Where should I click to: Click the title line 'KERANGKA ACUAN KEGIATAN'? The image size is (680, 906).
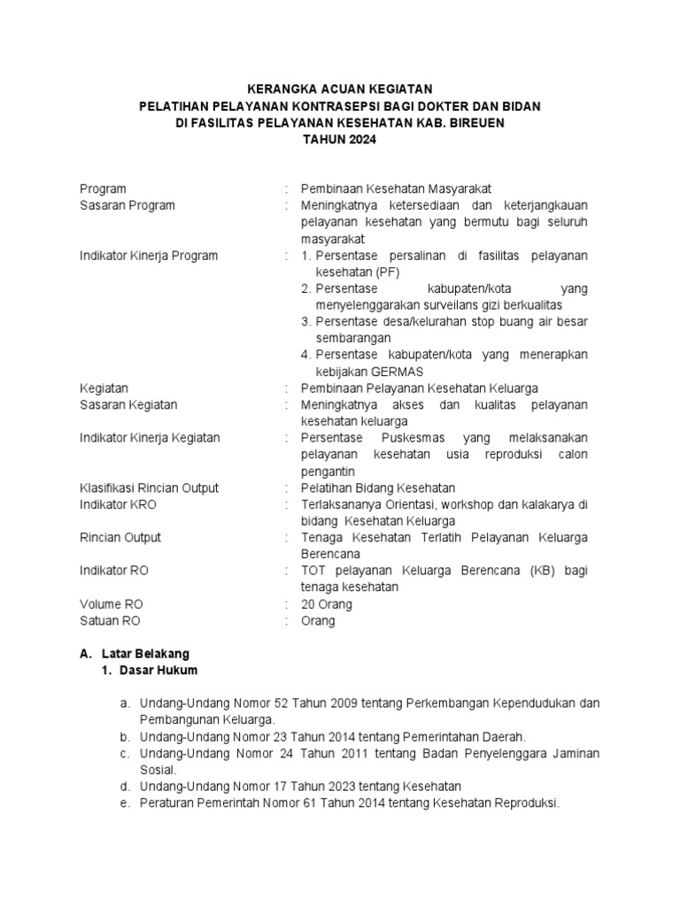(339, 88)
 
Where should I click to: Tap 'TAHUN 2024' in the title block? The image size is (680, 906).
(339, 140)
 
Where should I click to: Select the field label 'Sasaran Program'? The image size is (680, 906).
(127, 205)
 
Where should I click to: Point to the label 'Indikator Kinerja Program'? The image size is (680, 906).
(149, 256)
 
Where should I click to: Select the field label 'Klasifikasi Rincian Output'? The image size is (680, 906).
(149, 488)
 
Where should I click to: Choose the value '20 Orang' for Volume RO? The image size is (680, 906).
(327, 604)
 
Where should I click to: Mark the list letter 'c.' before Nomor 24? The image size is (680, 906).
(127, 753)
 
